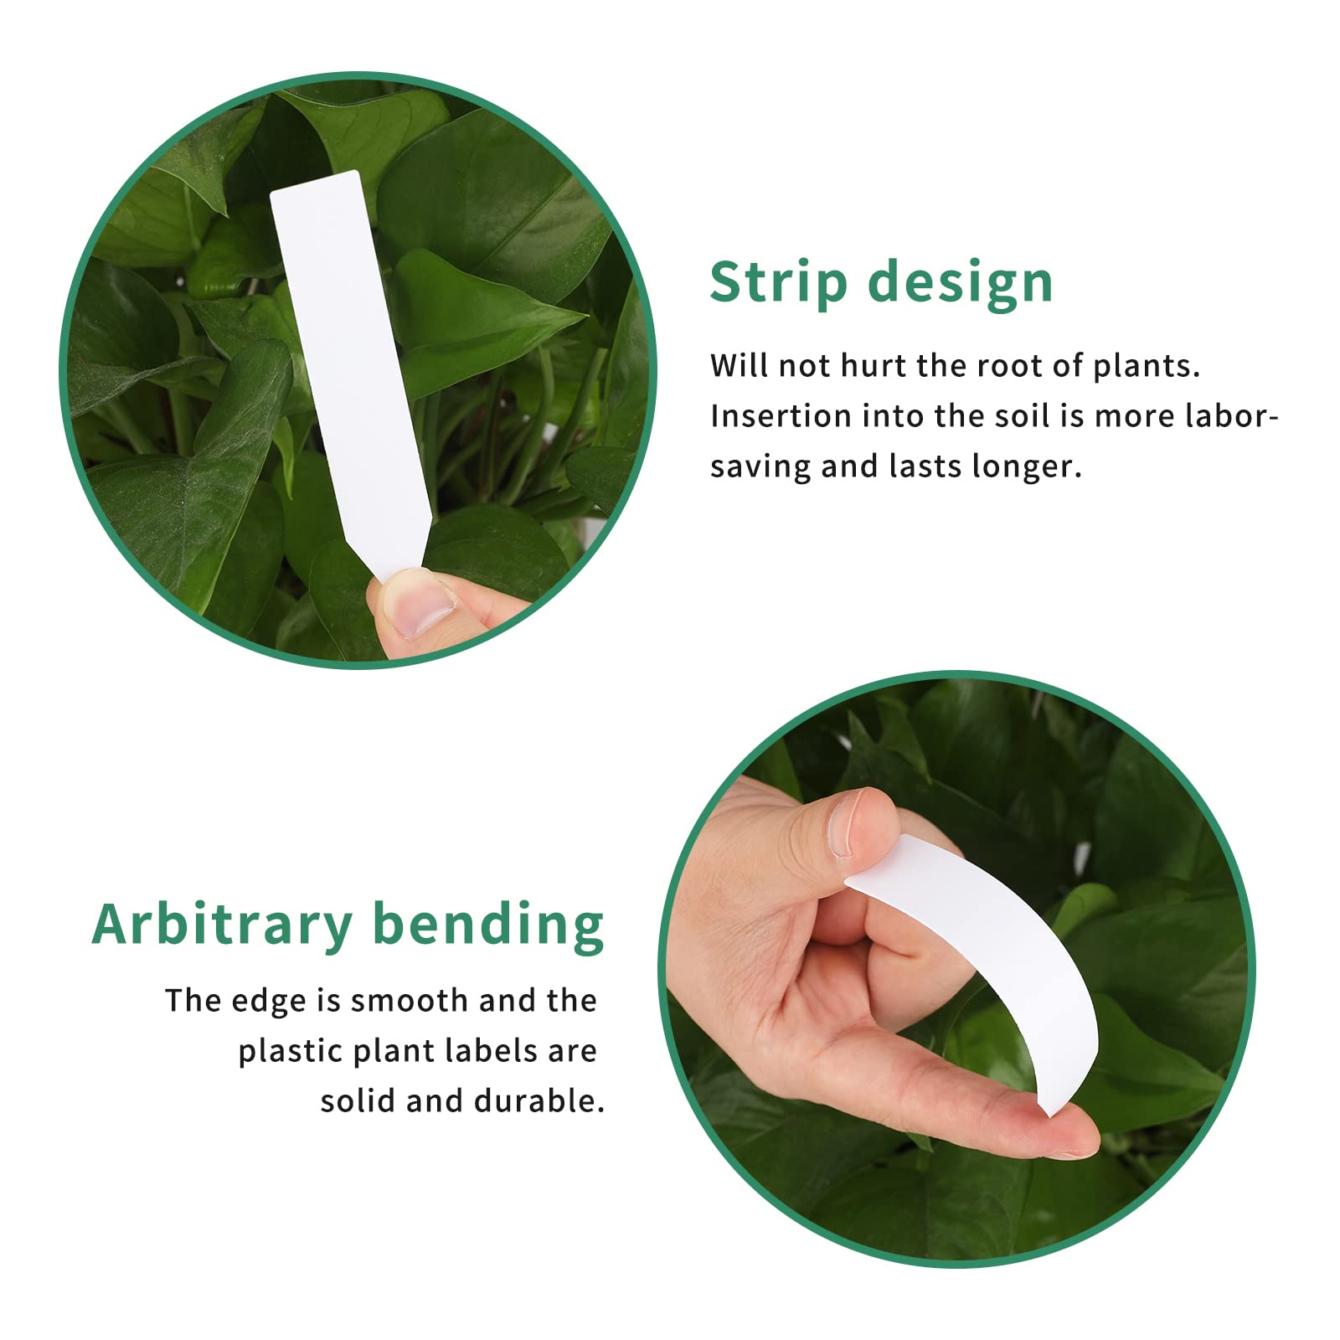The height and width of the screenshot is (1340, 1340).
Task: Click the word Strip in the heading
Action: [x=778, y=282]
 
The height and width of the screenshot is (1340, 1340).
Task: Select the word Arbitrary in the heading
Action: [x=222, y=925]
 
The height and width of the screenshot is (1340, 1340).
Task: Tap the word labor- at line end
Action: [x=1231, y=416]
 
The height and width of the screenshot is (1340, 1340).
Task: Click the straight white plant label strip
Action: [x=343, y=352]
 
